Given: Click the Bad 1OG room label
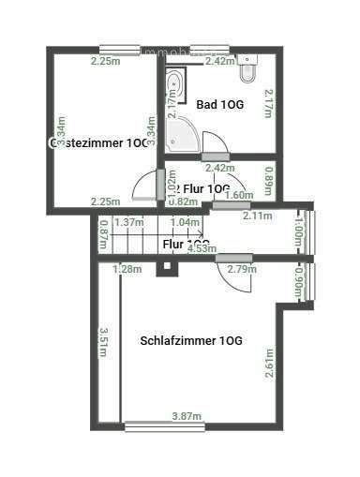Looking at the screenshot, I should pos(220,105).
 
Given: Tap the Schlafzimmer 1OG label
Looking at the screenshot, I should pos(191,340).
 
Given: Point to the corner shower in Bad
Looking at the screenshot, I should pos(185,138).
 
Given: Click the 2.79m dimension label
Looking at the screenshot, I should pos(242,270).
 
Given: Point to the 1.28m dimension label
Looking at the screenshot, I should pos(127,270).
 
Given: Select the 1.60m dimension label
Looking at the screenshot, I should pos(241,195).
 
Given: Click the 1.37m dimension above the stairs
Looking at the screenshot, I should pos(127,222).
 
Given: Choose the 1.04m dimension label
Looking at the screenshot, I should pos(186,222).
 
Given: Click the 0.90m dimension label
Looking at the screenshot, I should pos(299,281).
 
